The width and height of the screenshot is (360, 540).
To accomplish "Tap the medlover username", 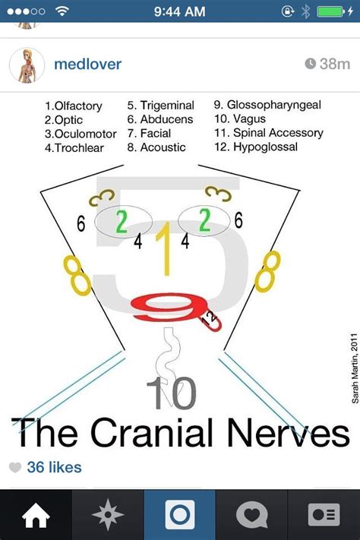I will tap(87, 65).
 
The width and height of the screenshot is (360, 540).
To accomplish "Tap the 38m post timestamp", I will tap(327, 65).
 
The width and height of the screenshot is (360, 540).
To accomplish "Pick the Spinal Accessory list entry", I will tap(278, 134).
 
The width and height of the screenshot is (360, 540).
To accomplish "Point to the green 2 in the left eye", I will tap(122, 222).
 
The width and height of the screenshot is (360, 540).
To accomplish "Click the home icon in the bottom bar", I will tap(36, 515).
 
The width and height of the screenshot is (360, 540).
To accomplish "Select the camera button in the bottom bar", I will tap(180, 515).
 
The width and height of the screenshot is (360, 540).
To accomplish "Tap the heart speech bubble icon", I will tap(251, 515).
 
